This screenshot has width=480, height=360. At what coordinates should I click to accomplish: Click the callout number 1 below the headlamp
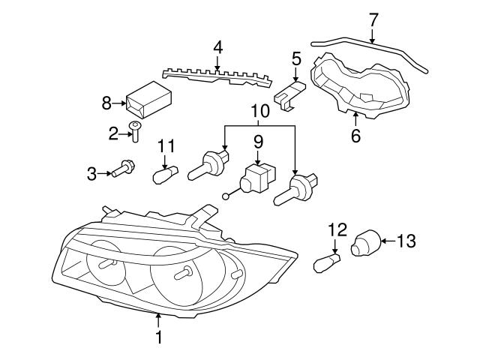158,338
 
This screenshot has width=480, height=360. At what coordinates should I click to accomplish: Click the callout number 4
217,47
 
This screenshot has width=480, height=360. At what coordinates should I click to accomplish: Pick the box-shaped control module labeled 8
147,99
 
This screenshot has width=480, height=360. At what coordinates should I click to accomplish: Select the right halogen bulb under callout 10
298,190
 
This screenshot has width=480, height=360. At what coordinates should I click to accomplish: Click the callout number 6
355,136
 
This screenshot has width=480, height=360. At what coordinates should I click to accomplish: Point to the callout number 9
258,140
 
